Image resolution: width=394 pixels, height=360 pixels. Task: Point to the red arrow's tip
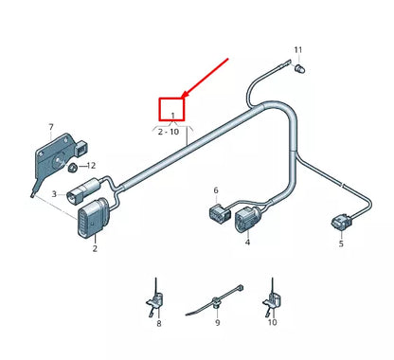click(x=184, y=99)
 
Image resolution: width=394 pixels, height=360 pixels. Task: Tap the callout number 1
click(x=172, y=117)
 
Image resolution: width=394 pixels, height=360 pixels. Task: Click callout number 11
click(x=297, y=49)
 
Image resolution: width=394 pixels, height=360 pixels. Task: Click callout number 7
click(x=50, y=126)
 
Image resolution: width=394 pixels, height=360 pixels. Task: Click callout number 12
click(x=91, y=166)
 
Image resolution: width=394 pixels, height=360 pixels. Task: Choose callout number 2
click(x=94, y=249)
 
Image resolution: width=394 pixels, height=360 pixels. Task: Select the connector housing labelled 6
click(x=215, y=213)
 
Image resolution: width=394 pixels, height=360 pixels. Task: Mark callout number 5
click(x=341, y=243)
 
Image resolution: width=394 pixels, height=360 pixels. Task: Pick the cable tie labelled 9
click(x=216, y=301)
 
